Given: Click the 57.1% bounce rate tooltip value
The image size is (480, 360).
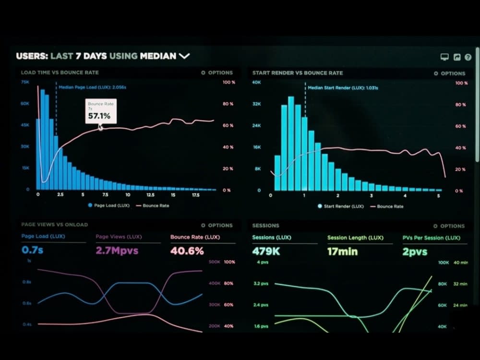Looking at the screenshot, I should click(x=99, y=116).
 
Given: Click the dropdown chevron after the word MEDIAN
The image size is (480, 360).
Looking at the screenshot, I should click(x=184, y=56).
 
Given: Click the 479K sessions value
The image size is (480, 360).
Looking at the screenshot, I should click(x=266, y=251).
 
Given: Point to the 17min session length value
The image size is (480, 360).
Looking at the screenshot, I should click(x=342, y=251).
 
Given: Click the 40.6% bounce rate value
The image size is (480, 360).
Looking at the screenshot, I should click(x=187, y=251).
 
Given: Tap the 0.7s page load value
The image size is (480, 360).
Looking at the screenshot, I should click(x=33, y=250).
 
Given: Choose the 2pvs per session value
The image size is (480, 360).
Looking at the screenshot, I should click(x=415, y=251).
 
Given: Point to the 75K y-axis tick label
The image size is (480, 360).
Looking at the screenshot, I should click(x=25, y=82).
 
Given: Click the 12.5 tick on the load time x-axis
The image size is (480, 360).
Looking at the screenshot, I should click(x=150, y=195).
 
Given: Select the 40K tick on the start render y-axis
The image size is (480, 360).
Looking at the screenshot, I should click(x=256, y=83).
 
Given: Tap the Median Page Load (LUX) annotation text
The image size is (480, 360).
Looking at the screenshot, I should click(x=92, y=87).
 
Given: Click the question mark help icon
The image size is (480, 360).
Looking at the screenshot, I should click(x=468, y=57).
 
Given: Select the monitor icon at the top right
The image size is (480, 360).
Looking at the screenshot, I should click(x=444, y=57).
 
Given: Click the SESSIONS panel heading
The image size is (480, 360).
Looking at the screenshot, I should click(x=265, y=226).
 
